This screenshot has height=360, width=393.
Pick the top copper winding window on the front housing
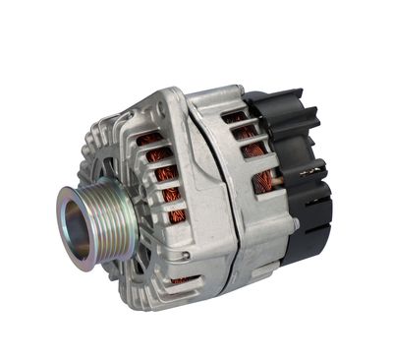tap(148, 140)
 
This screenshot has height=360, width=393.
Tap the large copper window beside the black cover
tap(266, 181)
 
